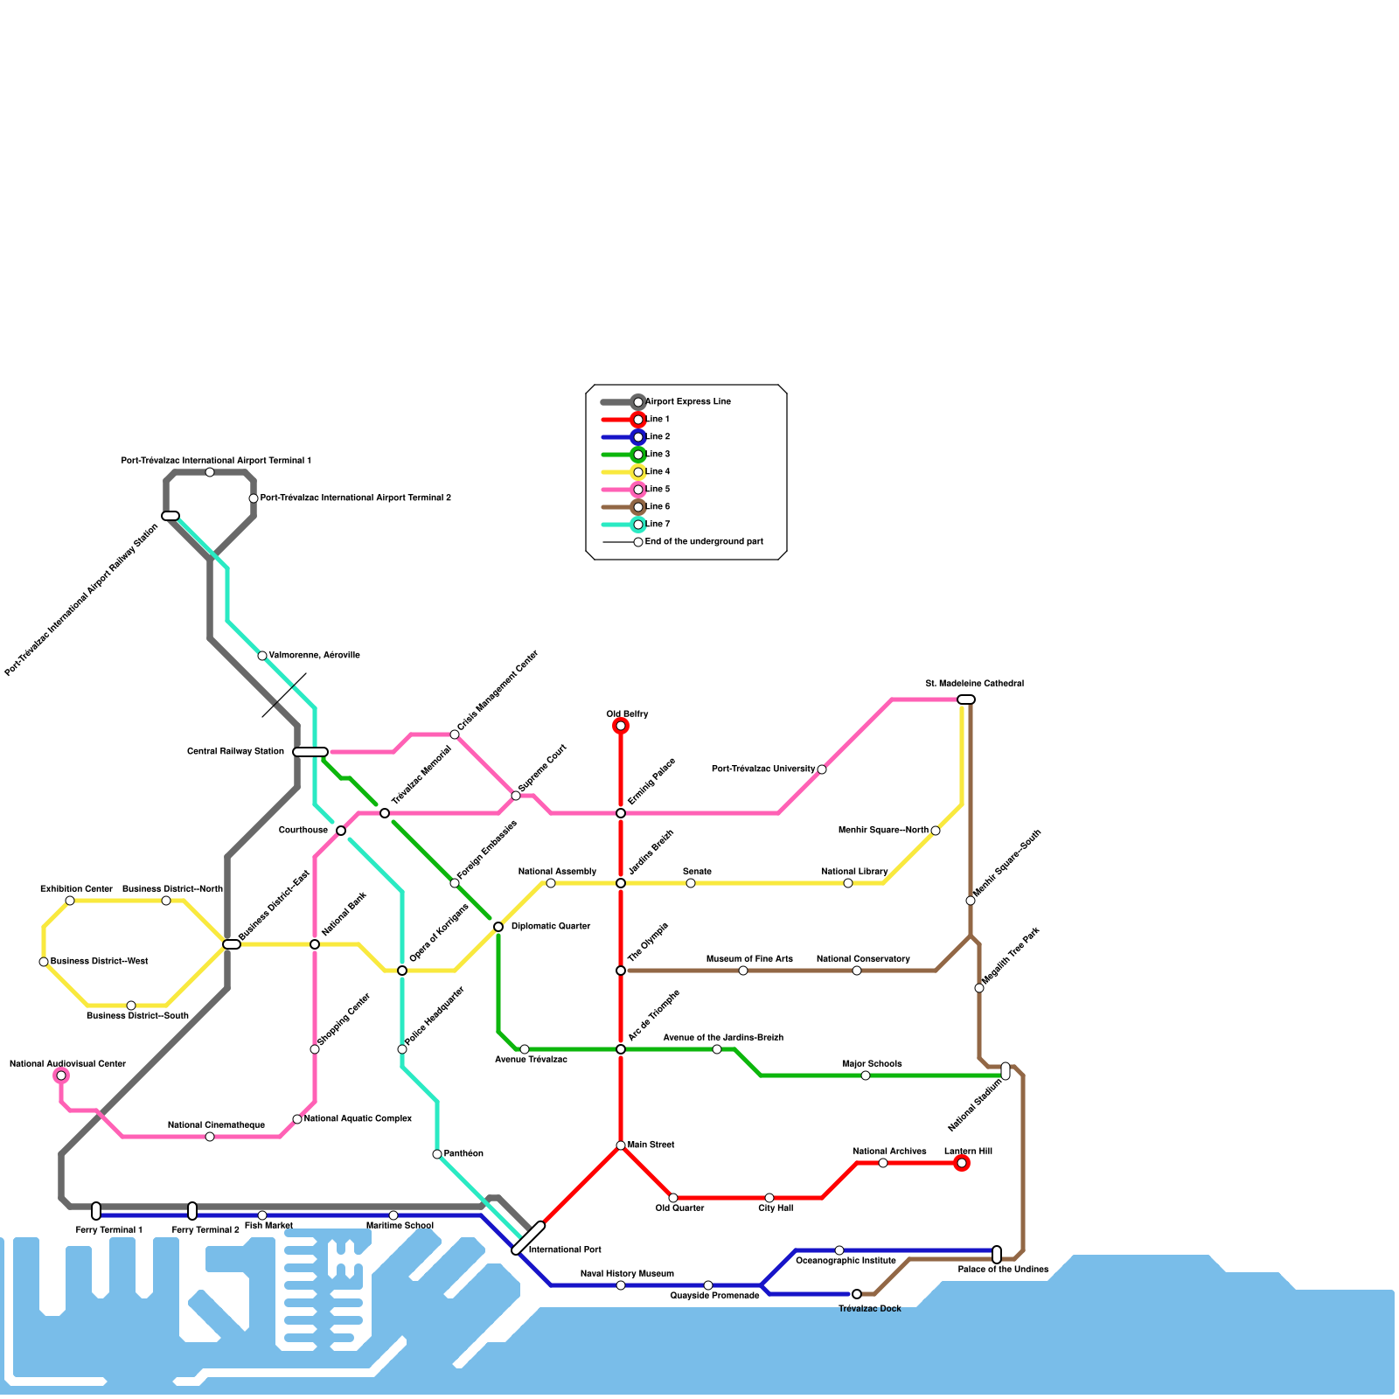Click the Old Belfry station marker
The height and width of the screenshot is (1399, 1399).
[621, 726]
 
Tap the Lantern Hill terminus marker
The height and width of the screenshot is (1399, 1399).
[962, 1163]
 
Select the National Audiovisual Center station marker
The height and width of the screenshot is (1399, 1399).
[61, 1075]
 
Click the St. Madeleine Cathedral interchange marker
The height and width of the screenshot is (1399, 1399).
[966, 699]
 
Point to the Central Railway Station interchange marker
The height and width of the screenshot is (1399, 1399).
[310, 752]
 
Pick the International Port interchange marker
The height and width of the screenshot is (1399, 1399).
[528, 1238]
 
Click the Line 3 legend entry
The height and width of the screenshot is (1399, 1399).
[658, 455]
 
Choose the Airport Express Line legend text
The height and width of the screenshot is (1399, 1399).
[688, 402]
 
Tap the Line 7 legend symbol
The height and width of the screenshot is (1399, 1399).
[623, 525]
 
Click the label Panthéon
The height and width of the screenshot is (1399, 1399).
[463, 1154]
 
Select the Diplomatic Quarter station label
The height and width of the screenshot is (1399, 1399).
[551, 927]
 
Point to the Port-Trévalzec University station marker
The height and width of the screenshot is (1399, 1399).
[822, 769]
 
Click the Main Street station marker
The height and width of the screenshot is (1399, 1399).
[621, 1145]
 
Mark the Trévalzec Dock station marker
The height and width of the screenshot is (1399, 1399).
[857, 1294]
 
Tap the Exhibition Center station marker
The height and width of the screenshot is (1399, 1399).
[70, 901]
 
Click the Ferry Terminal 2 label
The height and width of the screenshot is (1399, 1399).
[205, 1230]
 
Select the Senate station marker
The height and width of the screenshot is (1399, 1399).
[691, 883]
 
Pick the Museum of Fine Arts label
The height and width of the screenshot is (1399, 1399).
[749, 959]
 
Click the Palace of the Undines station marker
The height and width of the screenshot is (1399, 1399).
[997, 1255]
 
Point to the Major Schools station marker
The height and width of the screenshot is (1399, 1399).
[866, 1075]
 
